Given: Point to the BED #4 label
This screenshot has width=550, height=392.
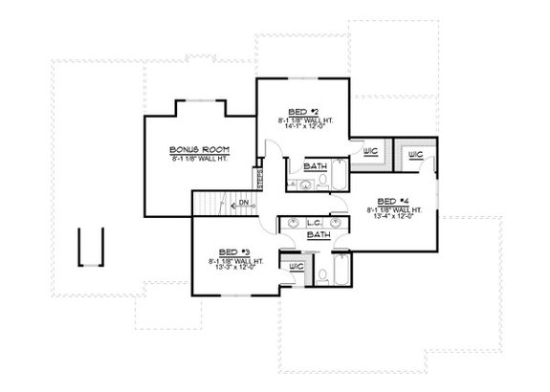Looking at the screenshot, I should pos(392,201).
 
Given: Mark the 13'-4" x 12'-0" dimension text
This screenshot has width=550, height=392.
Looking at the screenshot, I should pos(392,217).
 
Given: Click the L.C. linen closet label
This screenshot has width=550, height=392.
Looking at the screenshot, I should pos(313,221).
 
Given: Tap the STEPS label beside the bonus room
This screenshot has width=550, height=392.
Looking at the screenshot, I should pos(258,179).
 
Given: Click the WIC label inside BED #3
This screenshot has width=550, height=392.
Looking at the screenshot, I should pos(297,265).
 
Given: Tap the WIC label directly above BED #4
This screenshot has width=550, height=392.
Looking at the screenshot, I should pos(416,155).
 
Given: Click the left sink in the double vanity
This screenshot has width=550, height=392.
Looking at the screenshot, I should pos(292,222).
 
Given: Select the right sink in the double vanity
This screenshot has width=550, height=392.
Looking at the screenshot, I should pos(335,222).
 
